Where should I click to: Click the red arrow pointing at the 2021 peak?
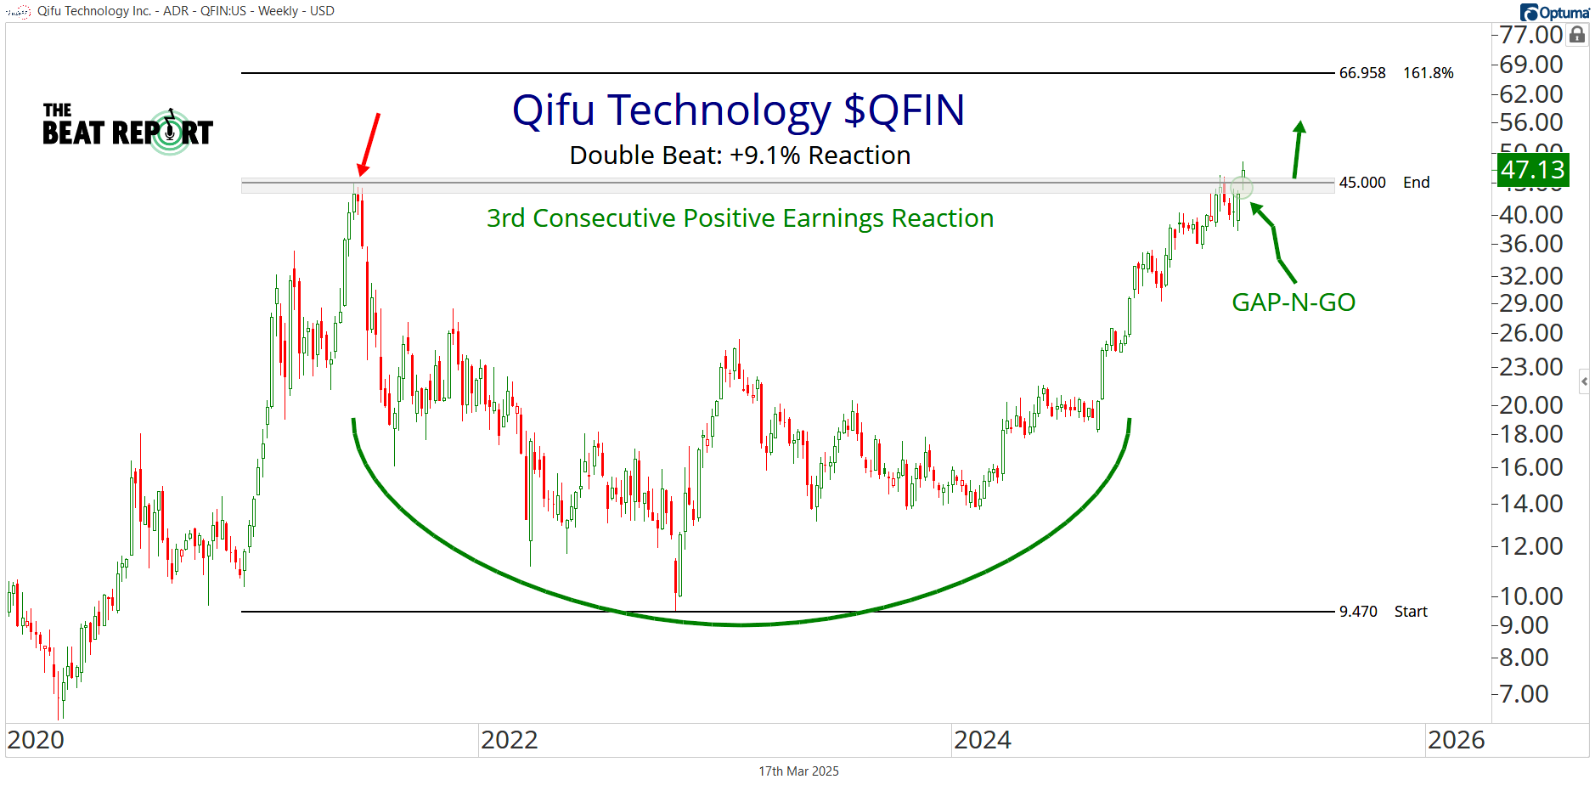coord(369,144)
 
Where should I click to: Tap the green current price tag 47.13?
coord(1532,170)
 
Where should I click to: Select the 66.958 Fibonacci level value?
coord(1362,73)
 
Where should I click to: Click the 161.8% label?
coord(1429,73)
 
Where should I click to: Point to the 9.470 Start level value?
coord(1358,612)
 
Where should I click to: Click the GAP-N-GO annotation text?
coord(1293,302)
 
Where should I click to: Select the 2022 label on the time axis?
coord(510,740)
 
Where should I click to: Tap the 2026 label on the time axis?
coord(1456,740)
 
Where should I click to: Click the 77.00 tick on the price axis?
coord(1530,35)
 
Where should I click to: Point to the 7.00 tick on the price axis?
coord(1525,694)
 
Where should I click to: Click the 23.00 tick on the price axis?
coord(1530,367)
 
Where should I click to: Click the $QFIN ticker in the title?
coord(905,110)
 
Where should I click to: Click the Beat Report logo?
coord(127,129)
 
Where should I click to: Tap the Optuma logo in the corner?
coord(1554,12)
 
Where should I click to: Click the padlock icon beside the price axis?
coord(1577,35)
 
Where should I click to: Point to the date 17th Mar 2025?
coord(798,771)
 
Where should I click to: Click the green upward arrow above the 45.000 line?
coord(1298,150)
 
